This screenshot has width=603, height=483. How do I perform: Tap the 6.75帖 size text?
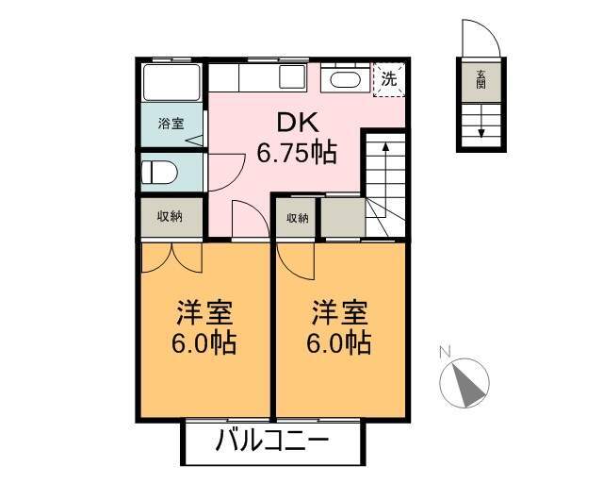[297, 153]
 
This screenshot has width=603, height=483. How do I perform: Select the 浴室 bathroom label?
[171, 124]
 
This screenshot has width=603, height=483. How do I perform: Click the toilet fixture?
[159, 173]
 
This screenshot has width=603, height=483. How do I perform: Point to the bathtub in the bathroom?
[171, 82]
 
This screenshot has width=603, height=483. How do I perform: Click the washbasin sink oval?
[346, 80]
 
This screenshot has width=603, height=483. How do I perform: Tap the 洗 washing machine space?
[389, 79]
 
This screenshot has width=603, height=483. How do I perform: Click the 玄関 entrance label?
[481, 80]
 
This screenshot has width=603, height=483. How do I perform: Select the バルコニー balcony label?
[272, 441]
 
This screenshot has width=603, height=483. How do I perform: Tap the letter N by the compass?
[445, 351]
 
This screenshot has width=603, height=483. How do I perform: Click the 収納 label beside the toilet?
[170, 217]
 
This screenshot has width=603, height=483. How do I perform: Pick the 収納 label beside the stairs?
[298, 219]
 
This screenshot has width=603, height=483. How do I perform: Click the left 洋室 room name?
[204, 313]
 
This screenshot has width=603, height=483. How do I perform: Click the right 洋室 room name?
[339, 313]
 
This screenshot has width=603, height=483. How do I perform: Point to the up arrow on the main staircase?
[385, 170]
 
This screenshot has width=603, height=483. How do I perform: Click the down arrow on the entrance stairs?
[481, 122]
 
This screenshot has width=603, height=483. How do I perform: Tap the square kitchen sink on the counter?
[292, 76]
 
